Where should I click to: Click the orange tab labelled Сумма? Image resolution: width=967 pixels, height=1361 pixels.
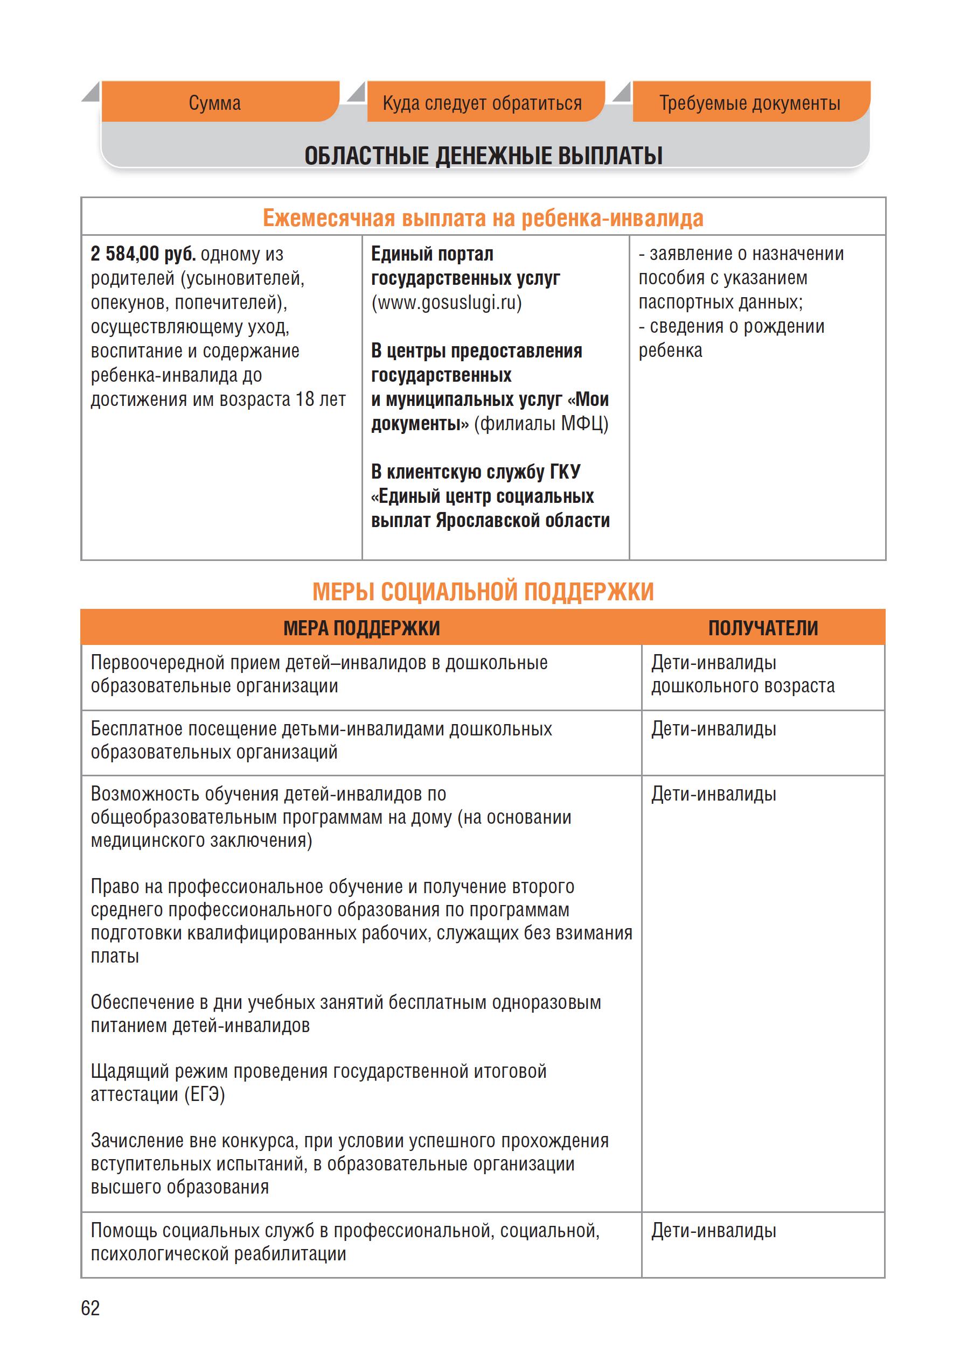pos(215,103)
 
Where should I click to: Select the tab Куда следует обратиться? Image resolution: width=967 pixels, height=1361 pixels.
pos(482,103)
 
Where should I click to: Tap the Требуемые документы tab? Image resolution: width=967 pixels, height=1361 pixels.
pos(750,103)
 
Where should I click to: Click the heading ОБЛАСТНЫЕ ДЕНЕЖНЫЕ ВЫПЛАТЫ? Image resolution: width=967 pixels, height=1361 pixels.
pos(484,156)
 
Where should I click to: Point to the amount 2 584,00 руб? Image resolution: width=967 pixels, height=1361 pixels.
pos(143,254)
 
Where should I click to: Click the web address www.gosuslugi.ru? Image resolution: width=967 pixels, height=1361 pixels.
pos(447,303)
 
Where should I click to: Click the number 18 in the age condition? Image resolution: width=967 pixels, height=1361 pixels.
pos(304,399)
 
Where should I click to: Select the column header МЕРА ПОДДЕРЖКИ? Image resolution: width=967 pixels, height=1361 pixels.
pos(361,628)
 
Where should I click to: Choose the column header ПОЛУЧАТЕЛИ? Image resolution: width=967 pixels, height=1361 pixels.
pos(763,628)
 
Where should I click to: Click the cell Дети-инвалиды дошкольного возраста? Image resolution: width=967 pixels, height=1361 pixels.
pos(742,674)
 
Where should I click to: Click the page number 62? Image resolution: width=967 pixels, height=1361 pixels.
pos(91,1308)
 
